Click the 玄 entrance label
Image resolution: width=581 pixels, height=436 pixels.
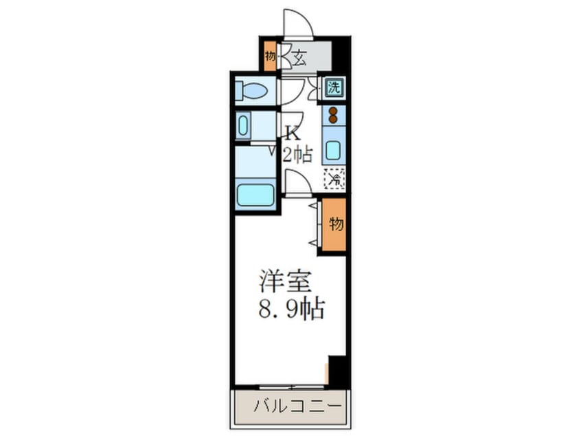click(300, 58)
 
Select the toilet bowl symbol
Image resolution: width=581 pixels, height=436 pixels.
click(255, 91)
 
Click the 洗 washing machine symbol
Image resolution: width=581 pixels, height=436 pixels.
click(334, 88)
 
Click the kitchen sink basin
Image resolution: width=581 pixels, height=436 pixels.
click(334, 149)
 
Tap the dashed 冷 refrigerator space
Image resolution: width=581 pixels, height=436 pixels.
click(334, 179)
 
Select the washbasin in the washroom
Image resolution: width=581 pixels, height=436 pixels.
click(244, 127)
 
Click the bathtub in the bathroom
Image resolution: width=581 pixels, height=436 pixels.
click(255, 193)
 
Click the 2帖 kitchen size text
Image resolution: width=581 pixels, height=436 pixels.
click(297, 155)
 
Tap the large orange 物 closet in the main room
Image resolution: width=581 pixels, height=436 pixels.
click(335, 225)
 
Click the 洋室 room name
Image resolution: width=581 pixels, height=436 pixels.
click(284, 282)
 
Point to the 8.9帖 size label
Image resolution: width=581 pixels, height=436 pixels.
click(291, 309)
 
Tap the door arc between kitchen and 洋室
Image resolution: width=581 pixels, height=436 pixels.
click(297, 183)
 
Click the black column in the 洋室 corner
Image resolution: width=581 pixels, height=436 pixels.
click(337, 371)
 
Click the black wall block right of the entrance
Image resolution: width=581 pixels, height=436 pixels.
click(341, 55)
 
